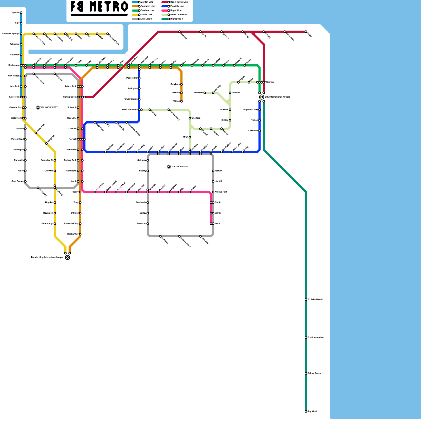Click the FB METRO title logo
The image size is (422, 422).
(x=99, y=7)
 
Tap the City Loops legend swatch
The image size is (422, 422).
(x=136, y=19)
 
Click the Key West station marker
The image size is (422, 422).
(x=306, y=411)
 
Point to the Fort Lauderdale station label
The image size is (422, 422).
(x=315, y=338)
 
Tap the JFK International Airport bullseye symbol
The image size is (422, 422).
(x=262, y=97)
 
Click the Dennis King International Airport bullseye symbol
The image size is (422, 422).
(x=68, y=257)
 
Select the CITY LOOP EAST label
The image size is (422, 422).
(x=179, y=167)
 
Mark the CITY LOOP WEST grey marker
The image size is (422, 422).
(x=38, y=108)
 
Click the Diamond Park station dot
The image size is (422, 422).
(x=108, y=34)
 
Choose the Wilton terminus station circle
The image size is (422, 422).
(x=181, y=101)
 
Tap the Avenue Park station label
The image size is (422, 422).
(x=221, y=192)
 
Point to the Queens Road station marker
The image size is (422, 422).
(x=179, y=236)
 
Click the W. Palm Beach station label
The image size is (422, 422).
(x=315, y=300)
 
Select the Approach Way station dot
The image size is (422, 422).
(x=260, y=110)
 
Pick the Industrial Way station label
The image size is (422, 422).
(x=71, y=224)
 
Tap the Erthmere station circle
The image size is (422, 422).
(x=205, y=93)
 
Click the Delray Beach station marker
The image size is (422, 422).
(x=306, y=373)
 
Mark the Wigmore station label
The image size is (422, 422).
(x=270, y=82)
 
